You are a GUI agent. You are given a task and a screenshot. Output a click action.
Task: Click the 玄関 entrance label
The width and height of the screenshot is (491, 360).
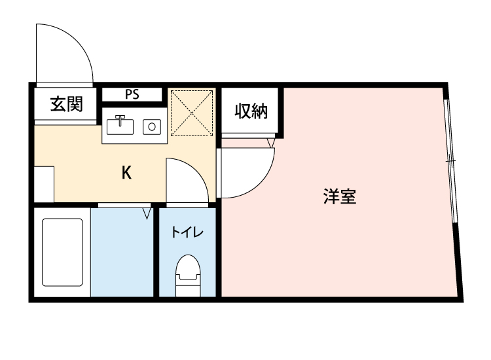point(65,103)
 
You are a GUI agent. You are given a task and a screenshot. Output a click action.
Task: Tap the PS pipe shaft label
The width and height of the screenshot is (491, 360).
point(132,94)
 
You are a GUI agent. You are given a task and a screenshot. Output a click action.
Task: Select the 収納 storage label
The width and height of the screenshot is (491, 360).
point(251,111)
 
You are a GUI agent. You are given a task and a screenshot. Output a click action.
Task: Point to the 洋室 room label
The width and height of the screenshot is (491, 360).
point(340,196)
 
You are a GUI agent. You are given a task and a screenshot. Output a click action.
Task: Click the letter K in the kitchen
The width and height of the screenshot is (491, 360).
point(127,173)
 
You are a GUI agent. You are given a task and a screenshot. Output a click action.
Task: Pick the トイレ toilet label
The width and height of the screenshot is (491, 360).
point(187,232)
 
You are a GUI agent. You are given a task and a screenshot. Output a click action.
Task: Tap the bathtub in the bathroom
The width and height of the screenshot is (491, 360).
point(62,252)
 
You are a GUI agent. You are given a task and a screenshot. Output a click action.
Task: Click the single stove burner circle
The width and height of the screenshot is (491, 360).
point(152,126)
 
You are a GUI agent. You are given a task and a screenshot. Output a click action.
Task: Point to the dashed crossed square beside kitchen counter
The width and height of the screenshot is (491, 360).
point(192,111)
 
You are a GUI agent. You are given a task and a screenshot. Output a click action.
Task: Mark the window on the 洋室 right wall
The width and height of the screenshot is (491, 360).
point(450,160)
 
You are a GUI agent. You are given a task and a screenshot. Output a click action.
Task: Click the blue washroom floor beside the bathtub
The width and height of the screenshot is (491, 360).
point(122,255)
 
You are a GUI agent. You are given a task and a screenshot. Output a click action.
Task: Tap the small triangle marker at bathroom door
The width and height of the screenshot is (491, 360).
point(147,213)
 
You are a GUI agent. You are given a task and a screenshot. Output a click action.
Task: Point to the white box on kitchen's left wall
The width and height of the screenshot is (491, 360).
point(44,184)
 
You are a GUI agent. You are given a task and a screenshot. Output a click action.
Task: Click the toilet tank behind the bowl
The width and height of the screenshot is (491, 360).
point(187,283)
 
